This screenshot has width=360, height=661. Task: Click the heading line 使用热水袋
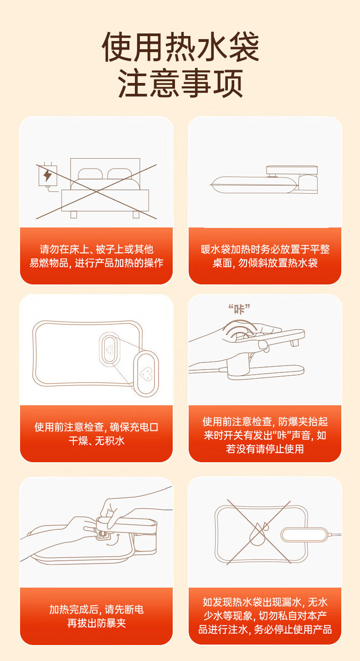[180, 47]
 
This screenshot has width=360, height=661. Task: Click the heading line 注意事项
[180, 83]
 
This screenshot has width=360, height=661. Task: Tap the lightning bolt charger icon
[47, 176]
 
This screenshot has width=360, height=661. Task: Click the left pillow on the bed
[90, 174]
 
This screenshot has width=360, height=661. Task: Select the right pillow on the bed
[120, 174]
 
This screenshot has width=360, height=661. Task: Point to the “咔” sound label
[239, 309]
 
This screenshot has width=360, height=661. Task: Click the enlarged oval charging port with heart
[146, 373]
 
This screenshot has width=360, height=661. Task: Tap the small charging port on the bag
[109, 349]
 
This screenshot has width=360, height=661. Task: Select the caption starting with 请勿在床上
[96, 256]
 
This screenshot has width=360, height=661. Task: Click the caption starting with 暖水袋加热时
[265, 256]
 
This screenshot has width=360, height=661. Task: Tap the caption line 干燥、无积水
[97, 441]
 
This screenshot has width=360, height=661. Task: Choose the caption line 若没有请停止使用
[265, 449]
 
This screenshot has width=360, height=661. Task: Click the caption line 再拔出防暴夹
[97, 623]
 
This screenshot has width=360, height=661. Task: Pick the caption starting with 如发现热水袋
[265, 615]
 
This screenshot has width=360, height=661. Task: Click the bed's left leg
[74, 215]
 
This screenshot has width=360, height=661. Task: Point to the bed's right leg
[136, 215]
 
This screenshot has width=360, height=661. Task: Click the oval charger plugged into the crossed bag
[304, 535]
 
